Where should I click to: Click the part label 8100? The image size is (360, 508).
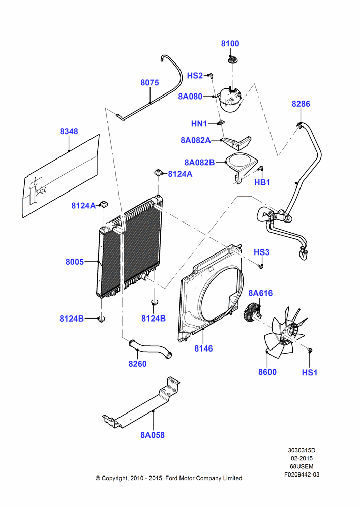tap(230, 43)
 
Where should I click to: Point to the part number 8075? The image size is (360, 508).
tap(149, 83)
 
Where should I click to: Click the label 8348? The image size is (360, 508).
tap(69, 131)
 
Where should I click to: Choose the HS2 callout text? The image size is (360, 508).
tap(195, 76)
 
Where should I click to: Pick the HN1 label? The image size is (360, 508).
tap(199, 124)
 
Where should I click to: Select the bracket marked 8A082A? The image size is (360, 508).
tap(237, 142)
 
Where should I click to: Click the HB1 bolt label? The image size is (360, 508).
tap(262, 182)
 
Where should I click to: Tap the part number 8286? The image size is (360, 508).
tap(301, 104)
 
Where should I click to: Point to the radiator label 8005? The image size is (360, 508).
tap(75, 262)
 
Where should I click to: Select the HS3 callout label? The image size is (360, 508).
tap(261, 252)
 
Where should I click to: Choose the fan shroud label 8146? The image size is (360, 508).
tap(203, 348)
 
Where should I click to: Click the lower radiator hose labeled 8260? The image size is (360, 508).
tap(150, 350)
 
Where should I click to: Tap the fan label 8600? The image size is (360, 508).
tap(267, 372)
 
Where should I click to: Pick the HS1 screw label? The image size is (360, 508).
tap(309, 372)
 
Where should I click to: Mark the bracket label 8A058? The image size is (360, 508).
tap(153, 435)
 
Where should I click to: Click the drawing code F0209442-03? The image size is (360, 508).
tap(302, 474)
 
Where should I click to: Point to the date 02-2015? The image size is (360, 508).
tap(302, 458)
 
